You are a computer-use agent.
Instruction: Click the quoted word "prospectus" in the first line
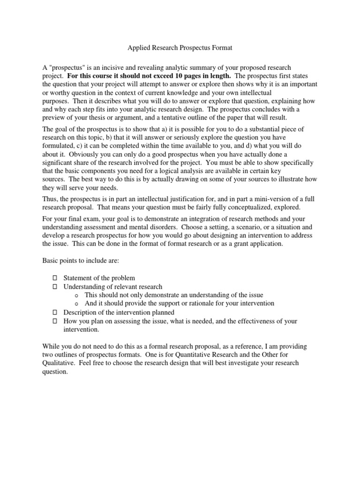(66, 68)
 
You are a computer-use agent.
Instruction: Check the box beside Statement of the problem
(54, 278)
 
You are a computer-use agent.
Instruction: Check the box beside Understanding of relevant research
(54, 286)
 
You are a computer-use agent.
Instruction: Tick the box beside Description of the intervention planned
(54, 312)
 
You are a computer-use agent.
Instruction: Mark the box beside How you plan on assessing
(54, 321)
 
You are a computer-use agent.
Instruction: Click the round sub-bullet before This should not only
(76, 295)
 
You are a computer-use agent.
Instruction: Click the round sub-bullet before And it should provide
(76, 304)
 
